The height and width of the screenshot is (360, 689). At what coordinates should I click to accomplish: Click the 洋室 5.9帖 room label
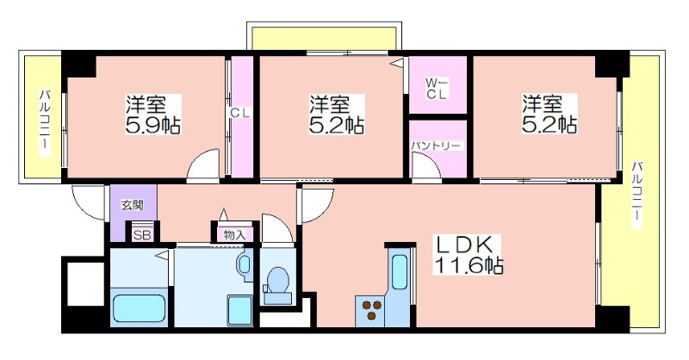click(153, 114)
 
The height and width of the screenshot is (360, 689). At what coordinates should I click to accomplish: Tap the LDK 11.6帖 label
click(469, 254)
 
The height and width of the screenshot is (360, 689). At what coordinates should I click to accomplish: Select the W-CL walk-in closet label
click(437, 88)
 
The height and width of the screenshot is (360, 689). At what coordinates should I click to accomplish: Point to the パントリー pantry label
click(436, 146)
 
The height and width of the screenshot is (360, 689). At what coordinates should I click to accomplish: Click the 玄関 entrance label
click(133, 204)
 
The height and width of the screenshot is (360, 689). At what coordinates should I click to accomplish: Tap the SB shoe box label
click(142, 235)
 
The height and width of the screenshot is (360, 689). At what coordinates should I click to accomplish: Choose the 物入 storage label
click(234, 235)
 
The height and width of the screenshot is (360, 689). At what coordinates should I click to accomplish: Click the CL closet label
click(240, 113)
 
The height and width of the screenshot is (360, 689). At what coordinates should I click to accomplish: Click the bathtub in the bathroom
click(140, 308)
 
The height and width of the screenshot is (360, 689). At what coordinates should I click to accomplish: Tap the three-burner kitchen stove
click(370, 311)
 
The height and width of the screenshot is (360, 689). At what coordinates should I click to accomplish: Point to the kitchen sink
click(400, 271)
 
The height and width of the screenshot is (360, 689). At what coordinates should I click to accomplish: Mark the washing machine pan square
click(240, 311)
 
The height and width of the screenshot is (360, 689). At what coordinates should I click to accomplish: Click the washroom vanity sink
click(245, 265)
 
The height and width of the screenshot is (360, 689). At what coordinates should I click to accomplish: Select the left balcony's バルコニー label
click(45, 122)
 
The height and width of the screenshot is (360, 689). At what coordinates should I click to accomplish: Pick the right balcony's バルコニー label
click(637, 195)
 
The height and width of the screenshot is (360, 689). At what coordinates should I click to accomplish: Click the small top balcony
click(324, 38)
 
